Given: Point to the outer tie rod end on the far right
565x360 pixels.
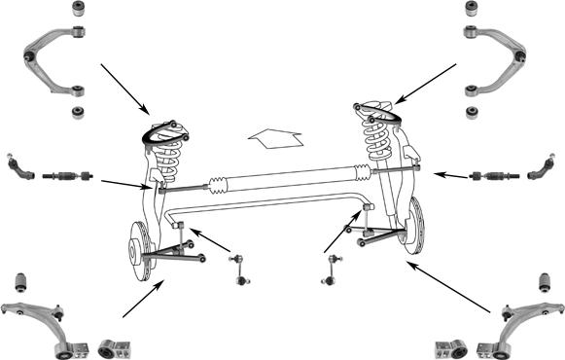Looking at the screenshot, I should pos(540,171).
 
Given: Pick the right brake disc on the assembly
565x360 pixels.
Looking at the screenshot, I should pos(416,227).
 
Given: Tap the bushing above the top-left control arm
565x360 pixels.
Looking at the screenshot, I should pos(78,11).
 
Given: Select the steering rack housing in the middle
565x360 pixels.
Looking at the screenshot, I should pos(282,180).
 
